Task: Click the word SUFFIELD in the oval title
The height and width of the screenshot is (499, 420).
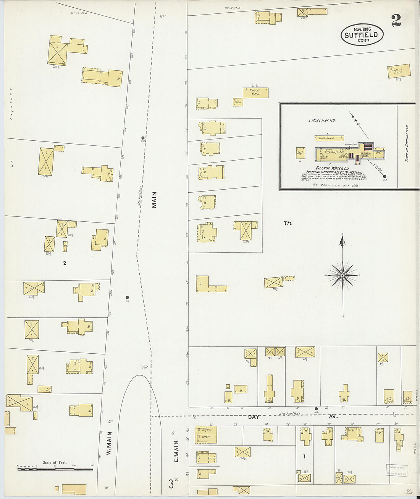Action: (x=361, y=35)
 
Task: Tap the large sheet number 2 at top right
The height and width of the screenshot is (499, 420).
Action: (x=396, y=20)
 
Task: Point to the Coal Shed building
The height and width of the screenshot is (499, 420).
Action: (x=329, y=138)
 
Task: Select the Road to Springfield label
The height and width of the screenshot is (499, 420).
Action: (x=407, y=143)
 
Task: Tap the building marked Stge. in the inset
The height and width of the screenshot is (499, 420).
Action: (x=300, y=153)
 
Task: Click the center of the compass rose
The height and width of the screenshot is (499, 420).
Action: (x=342, y=275)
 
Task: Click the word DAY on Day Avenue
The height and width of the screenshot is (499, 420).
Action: (x=254, y=417)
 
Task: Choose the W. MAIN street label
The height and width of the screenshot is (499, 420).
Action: (x=109, y=443)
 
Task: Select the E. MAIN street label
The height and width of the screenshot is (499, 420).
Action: (x=176, y=451)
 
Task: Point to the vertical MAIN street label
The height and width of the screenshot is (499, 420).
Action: (x=154, y=200)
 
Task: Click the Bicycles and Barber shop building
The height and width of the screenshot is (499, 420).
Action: (x=206, y=435)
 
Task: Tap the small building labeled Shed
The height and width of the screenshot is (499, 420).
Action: (x=238, y=102)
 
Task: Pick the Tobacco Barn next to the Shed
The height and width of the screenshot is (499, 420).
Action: (x=255, y=93)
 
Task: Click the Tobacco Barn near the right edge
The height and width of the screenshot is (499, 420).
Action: (x=399, y=72)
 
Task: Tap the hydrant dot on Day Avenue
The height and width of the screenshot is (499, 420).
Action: (x=316, y=409)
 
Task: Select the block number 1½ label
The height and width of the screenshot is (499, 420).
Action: (x=288, y=223)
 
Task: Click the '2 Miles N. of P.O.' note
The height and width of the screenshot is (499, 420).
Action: (x=321, y=120)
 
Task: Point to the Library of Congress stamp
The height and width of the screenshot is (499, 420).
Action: (x=396, y=470)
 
